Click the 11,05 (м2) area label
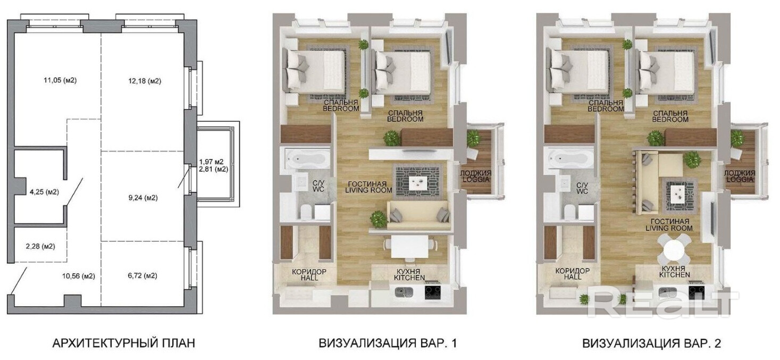coord(60,80)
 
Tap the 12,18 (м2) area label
coord(145,81)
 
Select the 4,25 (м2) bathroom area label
coord(45,192)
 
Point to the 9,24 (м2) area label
coord(143,198)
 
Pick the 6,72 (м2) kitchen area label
coord(142,276)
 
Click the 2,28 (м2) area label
coord(40,247)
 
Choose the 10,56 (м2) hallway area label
coord(79,276)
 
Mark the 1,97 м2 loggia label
coord(212,162)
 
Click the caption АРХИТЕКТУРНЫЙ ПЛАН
coord(123,344)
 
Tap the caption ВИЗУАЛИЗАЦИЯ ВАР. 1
coord(388,344)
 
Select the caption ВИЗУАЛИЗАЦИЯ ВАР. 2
coord(651,344)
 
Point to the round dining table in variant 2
coord(674,249)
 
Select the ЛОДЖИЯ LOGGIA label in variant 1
coord(476,177)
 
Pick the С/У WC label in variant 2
coord(582,188)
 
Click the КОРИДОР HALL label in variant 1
coord(309,275)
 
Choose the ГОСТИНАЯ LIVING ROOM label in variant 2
coord(669,225)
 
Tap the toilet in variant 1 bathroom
coord(306,212)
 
